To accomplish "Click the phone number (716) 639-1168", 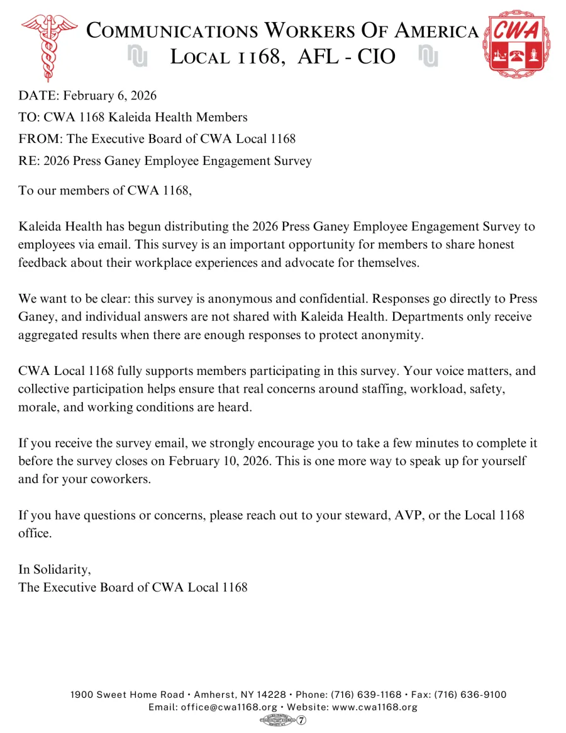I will (366, 695).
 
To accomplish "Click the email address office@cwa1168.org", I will (229, 707).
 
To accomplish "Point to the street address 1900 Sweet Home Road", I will (127, 695).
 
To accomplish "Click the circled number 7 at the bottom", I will (302, 720).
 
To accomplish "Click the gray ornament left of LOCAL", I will (137, 57).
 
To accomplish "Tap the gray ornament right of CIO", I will (428, 57).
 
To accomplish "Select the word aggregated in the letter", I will (48, 335).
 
